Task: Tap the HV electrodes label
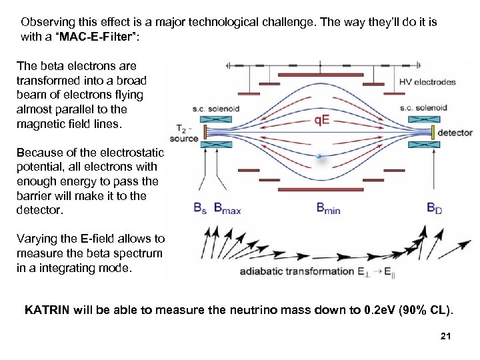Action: point(427,82)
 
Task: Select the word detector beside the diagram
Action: point(455,133)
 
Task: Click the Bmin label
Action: point(328,208)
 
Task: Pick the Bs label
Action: point(199,208)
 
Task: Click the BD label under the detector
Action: point(435,208)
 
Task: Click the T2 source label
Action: point(184,133)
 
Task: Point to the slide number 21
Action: point(446,337)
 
